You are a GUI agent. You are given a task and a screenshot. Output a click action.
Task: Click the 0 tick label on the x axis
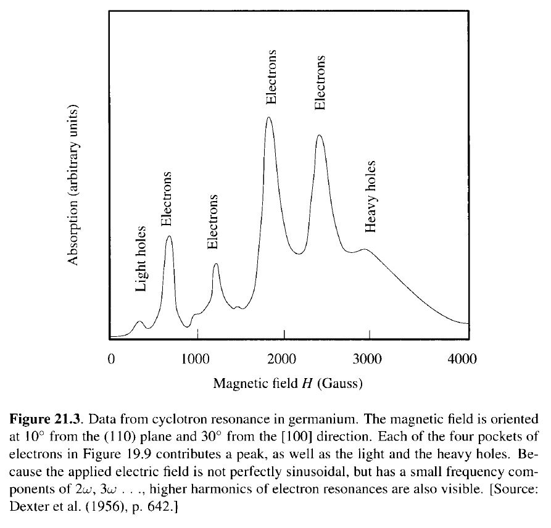tap(111, 360)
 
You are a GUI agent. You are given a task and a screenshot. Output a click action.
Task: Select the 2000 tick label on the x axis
tap(284, 360)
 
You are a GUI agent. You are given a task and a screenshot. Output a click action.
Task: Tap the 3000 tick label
tap(370, 360)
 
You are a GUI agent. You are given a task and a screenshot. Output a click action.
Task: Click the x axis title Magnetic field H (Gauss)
tap(288, 384)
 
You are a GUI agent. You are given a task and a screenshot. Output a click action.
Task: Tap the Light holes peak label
tap(141, 258)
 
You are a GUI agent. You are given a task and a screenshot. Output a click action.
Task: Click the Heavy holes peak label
tap(370, 196)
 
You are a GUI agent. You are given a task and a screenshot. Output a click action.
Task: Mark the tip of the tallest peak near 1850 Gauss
tap(269, 117)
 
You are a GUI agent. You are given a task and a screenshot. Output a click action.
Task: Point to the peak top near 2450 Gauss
tap(319, 135)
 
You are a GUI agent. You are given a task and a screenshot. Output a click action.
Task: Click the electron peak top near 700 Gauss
tap(169, 236)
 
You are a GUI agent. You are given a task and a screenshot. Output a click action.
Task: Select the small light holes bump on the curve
tap(139, 321)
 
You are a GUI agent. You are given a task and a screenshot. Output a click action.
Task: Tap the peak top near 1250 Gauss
tap(216, 264)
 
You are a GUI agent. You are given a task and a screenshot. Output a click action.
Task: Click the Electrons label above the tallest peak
tap(270, 80)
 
